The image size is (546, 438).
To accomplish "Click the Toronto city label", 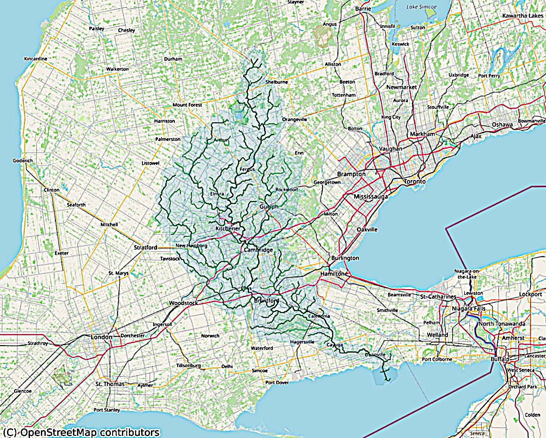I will click(x=415, y=181).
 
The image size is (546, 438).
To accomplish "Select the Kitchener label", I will click(x=228, y=229).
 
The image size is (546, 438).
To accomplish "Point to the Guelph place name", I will click(x=269, y=207).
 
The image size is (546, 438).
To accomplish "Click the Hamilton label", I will click(x=332, y=274).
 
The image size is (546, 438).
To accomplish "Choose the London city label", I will click(x=102, y=337).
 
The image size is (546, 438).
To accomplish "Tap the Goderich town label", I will click(x=23, y=161).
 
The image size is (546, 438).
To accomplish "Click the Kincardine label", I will click(x=36, y=59).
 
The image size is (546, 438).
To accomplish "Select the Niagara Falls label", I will click(x=469, y=309).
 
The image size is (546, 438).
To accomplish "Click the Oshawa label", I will click(x=502, y=125).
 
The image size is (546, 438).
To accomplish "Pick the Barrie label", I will click(x=363, y=9).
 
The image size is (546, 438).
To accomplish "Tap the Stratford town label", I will click(x=145, y=247).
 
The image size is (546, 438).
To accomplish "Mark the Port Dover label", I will click(x=277, y=383).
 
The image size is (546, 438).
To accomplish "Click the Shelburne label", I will click(x=277, y=82).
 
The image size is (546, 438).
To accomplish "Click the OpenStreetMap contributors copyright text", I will click(x=80, y=432).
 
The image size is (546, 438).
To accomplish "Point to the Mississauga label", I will click(x=370, y=196).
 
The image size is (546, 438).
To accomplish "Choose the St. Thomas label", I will click(x=110, y=384).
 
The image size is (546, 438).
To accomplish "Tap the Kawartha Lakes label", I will click(x=523, y=16).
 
